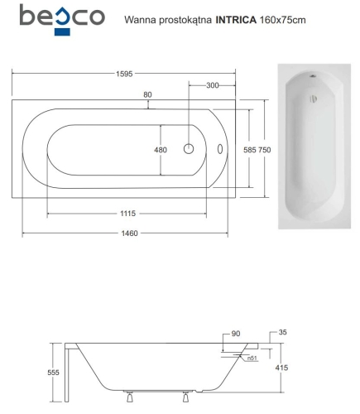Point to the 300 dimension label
[x=213, y=85]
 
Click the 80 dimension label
[x=147, y=95]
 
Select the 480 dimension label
[x=149, y=150]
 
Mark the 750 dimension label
[x=265, y=150]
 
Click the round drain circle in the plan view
[x=189, y=150]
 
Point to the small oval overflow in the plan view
[x=219, y=150]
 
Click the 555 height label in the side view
[x=54, y=373]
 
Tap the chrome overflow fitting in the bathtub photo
[x=311, y=83]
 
